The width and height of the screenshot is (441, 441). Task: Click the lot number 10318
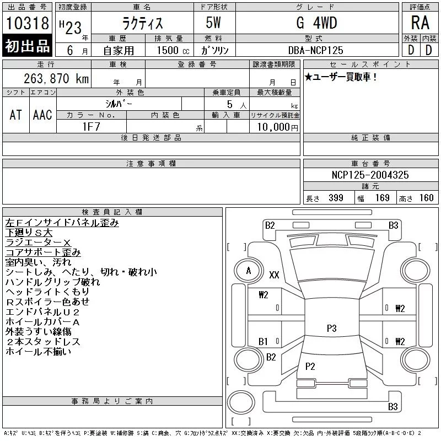pos(27,23)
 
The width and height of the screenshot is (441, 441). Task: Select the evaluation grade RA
pos(420,23)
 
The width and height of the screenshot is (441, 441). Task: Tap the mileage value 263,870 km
pos(56,78)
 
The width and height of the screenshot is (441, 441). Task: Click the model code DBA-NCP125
pos(316,50)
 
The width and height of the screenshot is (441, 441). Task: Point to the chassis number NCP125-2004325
pos(370,175)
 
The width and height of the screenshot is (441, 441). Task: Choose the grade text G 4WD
pos(316,23)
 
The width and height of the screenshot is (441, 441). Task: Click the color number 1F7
pos(92,127)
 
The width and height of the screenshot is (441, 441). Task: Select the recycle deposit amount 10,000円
pos(278,127)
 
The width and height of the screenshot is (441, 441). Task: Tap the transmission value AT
pos(16,115)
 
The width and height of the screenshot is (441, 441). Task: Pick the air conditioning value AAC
pos(42,115)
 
